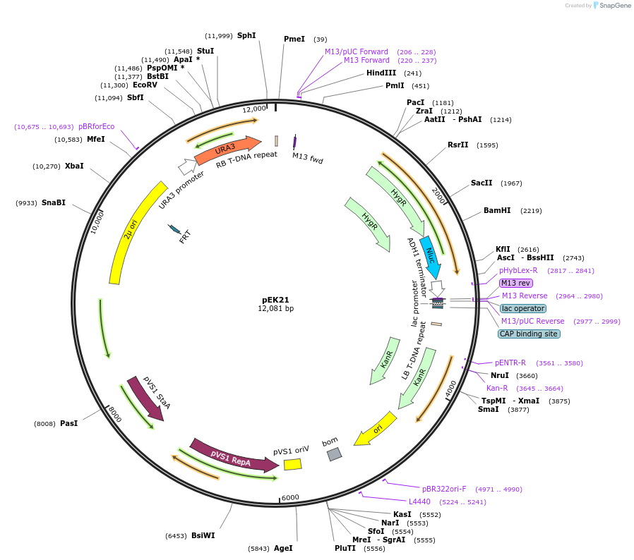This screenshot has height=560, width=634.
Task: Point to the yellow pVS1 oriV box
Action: (x=292, y=464)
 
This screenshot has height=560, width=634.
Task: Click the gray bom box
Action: (x=334, y=454)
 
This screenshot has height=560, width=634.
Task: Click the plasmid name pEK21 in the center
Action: (x=275, y=299)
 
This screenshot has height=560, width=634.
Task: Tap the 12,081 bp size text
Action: (x=275, y=308)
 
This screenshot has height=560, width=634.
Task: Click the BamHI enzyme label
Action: (x=497, y=210)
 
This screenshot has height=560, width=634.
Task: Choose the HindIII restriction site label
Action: (x=383, y=73)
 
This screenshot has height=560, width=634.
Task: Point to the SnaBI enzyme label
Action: (x=54, y=202)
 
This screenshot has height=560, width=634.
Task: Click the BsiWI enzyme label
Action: (x=203, y=535)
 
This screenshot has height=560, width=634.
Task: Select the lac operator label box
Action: (x=522, y=308)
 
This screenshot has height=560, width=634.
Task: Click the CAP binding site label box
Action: (x=529, y=334)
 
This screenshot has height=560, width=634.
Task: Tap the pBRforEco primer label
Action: (x=96, y=126)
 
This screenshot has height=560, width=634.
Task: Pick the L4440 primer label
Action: (x=419, y=501)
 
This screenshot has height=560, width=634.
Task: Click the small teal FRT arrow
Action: (x=174, y=229)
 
